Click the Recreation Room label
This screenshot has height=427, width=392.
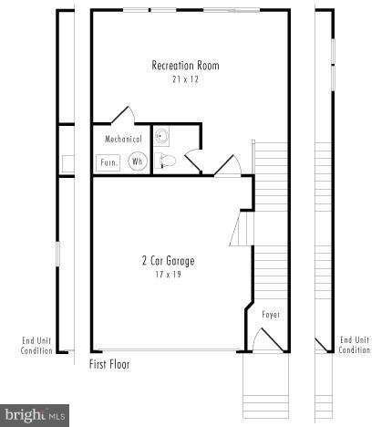click(x=185, y=66)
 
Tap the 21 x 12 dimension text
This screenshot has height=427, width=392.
click(x=185, y=79)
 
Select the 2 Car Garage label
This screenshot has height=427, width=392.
click(x=168, y=261)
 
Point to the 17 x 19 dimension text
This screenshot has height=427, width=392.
click(x=168, y=275)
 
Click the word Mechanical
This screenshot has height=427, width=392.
click(x=123, y=140)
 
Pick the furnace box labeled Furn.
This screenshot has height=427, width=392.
click(x=108, y=162)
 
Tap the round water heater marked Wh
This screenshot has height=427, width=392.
click(x=138, y=161)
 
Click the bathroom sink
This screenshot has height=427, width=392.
click(x=161, y=136)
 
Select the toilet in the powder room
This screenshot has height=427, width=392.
click(x=165, y=161)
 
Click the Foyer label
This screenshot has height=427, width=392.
click(x=271, y=314)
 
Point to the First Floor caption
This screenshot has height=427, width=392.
click(x=109, y=364)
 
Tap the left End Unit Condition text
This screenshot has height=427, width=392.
click(x=36, y=346)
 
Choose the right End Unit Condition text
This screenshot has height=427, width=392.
click(x=355, y=345)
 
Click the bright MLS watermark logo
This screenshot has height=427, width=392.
click(x=35, y=415)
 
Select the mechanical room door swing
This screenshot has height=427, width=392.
click(x=123, y=115)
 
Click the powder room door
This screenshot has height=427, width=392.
click(x=193, y=161)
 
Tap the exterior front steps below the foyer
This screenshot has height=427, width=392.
click(x=265, y=385)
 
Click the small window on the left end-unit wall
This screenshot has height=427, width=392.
click(x=57, y=254)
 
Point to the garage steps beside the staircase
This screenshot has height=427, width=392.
click(x=242, y=229)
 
